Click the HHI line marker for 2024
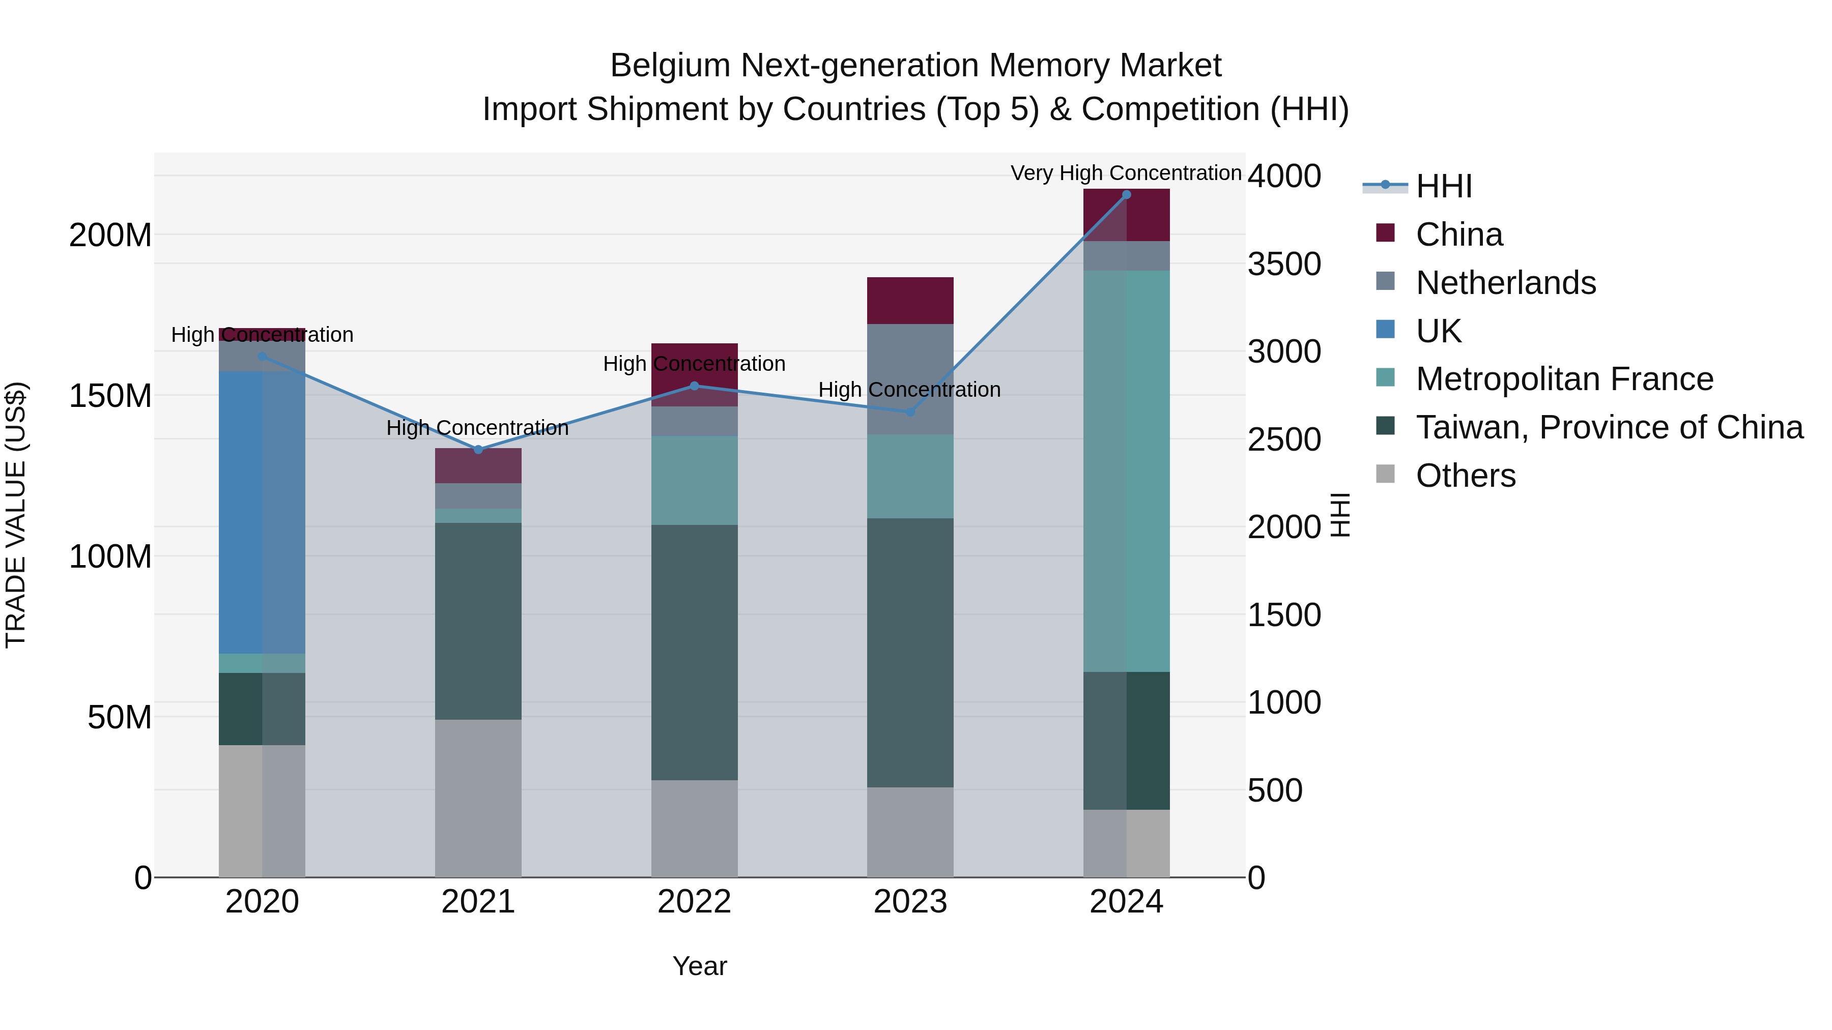tap(1126, 195)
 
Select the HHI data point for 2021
tap(478, 449)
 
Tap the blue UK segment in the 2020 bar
tap(262, 512)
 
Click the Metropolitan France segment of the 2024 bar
tap(1126, 470)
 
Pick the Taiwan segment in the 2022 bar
tap(694, 653)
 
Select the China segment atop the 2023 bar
tap(909, 301)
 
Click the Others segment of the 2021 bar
tap(478, 798)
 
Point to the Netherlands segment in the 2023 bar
tap(909, 379)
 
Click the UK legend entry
tap(1438, 331)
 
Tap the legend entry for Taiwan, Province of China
tap(1609, 427)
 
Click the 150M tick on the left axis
tap(110, 396)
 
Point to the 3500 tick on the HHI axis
tap(1284, 264)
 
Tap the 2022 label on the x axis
tap(694, 902)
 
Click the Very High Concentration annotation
tap(1126, 173)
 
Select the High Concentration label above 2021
tap(477, 428)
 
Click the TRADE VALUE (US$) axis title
tap(16, 515)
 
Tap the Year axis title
tap(699, 966)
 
